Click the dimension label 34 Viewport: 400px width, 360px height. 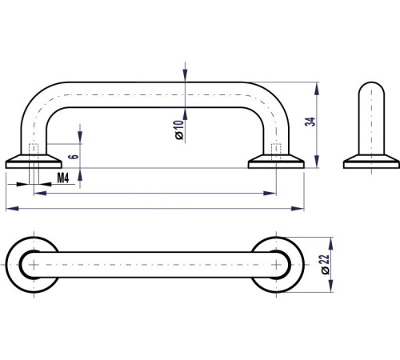point(310,122)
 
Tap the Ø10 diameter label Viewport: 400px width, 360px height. point(179,130)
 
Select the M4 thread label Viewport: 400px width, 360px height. point(63,178)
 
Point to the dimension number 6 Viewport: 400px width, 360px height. point(74,156)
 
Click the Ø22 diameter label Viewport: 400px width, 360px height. point(326,265)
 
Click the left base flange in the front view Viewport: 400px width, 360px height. point(34,162)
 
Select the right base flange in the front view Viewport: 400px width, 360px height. point(276,162)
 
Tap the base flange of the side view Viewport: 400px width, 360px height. point(371,162)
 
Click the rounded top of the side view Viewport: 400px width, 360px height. point(371,88)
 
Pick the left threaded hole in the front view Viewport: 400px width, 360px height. point(34,150)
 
